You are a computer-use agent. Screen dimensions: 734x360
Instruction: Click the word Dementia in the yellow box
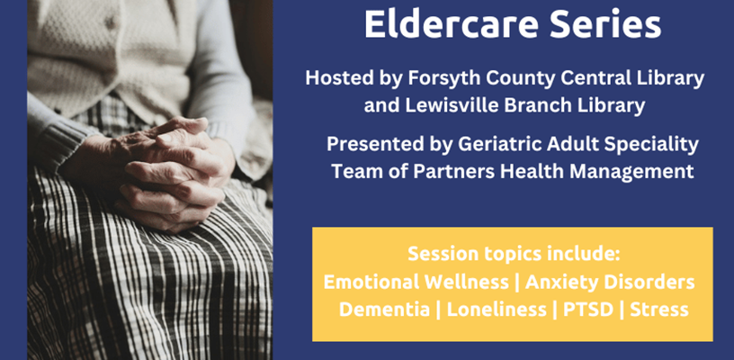point(384,310)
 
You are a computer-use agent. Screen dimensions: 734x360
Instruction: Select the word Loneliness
point(497,310)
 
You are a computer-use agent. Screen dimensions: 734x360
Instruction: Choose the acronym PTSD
point(588,310)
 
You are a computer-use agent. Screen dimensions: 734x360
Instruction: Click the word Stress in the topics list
point(659,310)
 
